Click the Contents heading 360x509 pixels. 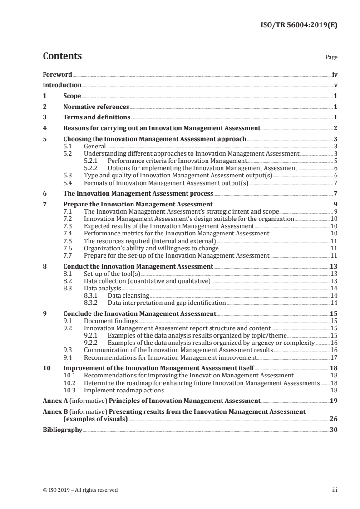pyautogui.click(x=62, y=56)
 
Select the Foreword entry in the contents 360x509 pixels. pyautogui.click(x=57, y=74)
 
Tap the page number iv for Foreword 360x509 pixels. pyautogui.click(x=335, y=74)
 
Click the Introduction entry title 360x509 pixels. pyautogui.click(x=62, y=85)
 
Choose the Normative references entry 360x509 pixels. pyautogui.click(x=96, y=107)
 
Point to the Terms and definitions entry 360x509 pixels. pyautogui.click(x=94, y=117)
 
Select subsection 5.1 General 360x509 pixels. pyautogui.click(x=95, y=146)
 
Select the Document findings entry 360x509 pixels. pyautogui.click(x=111, y=321)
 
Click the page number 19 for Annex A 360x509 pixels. pyautogui.click(x=334, y=401)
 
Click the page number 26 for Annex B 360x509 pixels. pyautogui.click(x=334, y=419)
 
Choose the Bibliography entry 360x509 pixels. pyautogui.click(x=62, y=430)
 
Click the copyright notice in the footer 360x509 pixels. pyautogui.click(x=80, y=490)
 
